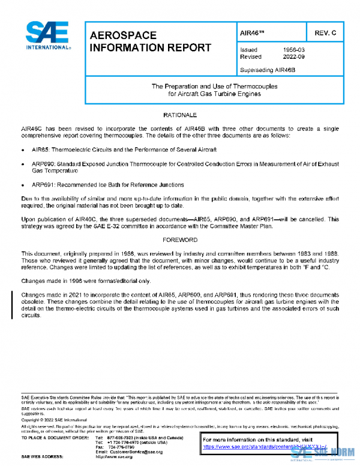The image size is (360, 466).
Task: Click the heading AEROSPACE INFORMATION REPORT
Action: [x=150, y=41]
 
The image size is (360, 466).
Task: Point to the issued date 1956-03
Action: [x=294, y=50]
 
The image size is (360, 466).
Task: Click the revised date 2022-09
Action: [x=294, y=57]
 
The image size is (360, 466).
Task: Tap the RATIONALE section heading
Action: [x=180, y=115]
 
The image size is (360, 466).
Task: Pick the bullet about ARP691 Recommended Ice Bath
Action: [x=108, y=185]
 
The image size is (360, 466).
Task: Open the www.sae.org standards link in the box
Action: [x=264, y=447]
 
